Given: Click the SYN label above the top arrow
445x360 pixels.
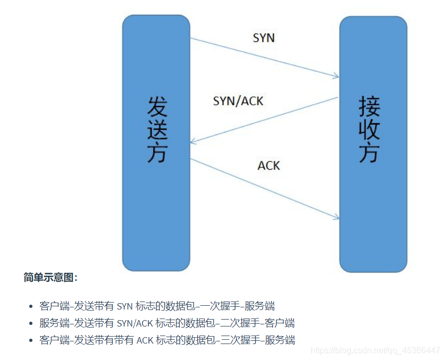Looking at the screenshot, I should (264, 38).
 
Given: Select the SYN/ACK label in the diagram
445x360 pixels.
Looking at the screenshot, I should (238, 101).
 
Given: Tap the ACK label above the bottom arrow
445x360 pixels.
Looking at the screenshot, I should (268, 165).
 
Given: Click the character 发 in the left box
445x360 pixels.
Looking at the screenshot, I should (156, 107).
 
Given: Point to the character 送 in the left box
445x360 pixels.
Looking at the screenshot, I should (156, 130).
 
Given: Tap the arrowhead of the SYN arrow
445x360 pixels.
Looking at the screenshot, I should (337, 77).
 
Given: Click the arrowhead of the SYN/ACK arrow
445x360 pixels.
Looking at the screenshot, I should (193, 143).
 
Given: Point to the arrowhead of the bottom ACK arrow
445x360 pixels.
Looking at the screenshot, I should (337, 217).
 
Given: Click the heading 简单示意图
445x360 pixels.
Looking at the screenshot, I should (51, 278).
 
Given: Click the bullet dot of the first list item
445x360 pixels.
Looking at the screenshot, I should (30, 307).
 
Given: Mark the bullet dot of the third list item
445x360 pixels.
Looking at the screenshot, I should (30, 340).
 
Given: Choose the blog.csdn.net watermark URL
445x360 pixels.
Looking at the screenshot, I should (375, 350).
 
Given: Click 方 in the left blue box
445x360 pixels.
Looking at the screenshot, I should (156, 153).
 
